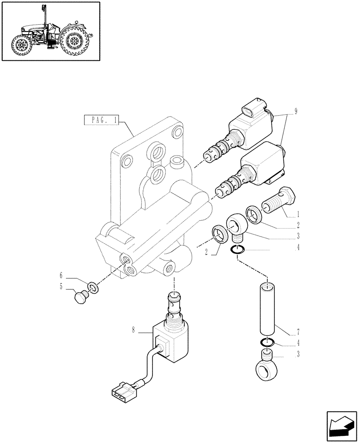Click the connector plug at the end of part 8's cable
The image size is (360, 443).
[x=121, y=392]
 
